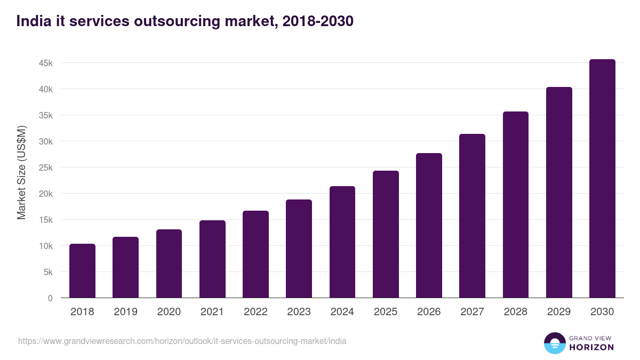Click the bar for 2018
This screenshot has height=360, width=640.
(82, 271)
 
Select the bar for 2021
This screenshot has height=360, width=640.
(212, 259)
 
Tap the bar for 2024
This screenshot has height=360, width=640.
(342, 242)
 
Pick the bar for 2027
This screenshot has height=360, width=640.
(472, 216)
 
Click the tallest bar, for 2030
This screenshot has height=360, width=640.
(602, 179)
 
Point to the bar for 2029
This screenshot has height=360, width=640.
(559, 193)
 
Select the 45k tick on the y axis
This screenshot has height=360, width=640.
(46, 63)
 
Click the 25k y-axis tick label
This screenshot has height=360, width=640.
(46, 167)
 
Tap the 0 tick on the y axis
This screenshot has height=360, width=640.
(50, 298)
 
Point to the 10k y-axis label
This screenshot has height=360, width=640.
(46, 246)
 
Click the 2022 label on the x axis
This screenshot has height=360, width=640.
(255, 312)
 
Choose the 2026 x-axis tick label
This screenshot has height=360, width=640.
(429, 312)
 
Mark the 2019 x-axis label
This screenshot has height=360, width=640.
(125, 312)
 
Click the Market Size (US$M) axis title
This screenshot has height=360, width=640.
(21, 172)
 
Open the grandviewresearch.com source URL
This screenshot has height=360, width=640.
(182, 341)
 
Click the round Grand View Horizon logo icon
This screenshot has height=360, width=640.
(554, 343)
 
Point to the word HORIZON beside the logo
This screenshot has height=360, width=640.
(591, 347)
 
